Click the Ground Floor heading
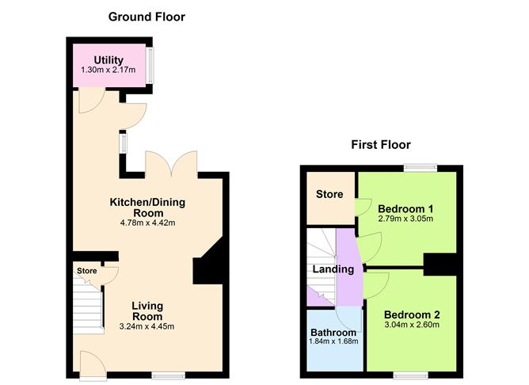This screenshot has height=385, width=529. coord(147,16)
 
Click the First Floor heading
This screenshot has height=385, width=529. coord(381,144)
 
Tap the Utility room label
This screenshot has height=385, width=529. coord(108,59)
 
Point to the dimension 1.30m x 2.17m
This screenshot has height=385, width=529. coord(108,71)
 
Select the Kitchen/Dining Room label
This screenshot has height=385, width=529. coord(147,208)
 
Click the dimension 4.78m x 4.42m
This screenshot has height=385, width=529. coord(147,223)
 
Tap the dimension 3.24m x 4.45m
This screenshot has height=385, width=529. coord(147,326)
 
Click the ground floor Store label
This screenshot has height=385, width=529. coord(87,271)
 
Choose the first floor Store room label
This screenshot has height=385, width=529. coord(329,194)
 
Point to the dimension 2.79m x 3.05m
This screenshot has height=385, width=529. coord(405,219)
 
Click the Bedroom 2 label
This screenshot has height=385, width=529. coord(412,314)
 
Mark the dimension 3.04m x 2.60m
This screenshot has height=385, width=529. coord(412,325)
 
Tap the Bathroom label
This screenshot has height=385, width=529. coord(333,332)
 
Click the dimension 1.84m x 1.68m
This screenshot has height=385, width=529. coord(333,342)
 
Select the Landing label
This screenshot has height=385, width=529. coord(333,269)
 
